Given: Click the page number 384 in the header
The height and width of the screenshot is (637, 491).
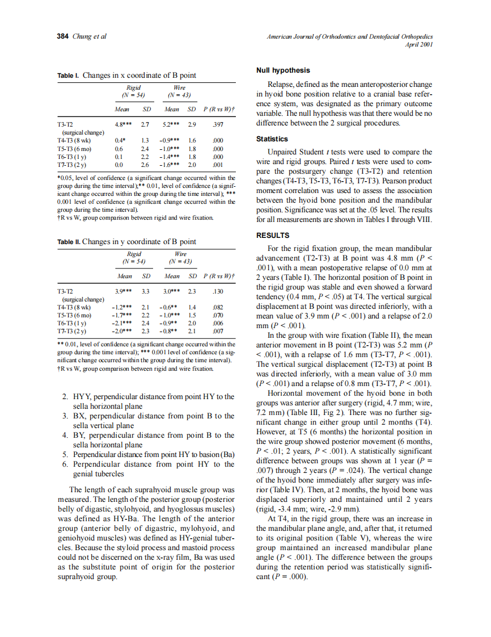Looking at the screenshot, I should [x=62, y=36].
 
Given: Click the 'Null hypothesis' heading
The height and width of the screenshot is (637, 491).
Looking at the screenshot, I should [x=283, y=70].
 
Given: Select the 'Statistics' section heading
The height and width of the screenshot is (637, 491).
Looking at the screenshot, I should [x=272, y=139].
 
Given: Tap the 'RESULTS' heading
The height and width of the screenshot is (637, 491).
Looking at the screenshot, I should [x=273, y=235].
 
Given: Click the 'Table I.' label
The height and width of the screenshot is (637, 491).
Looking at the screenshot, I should [x=69, y=76].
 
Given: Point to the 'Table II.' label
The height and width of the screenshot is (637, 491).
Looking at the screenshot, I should [x=69, y=241].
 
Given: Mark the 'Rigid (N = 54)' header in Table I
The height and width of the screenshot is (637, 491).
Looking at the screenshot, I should [x=134, y=91].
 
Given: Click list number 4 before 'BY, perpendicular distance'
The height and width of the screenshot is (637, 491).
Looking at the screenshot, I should [x=65, y=435].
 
